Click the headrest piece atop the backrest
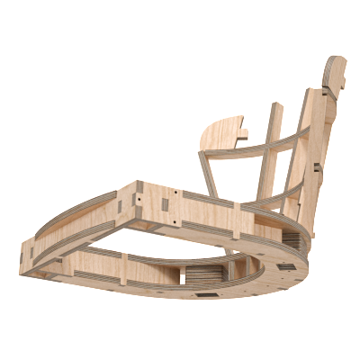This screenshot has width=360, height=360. (x=334, y=76)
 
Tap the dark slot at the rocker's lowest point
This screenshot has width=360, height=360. (x=206, y=294)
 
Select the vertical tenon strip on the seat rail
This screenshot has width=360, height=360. (x=236, y=220)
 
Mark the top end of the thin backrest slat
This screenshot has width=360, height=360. (x=274, y=107)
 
